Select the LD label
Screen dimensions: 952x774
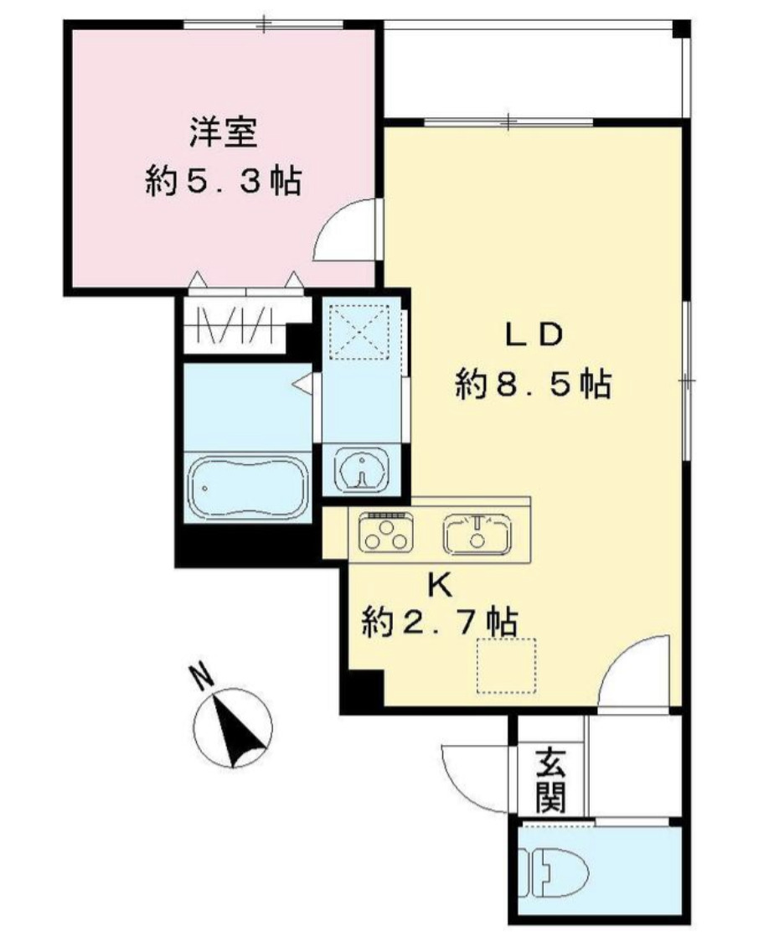click(x=531, y=335)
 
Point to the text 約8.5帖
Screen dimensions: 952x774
click(x=531, y=385)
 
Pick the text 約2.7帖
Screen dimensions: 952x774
click(x=437, y=623)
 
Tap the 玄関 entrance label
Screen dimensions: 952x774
click(x=550, y=780)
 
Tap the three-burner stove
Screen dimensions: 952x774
click(x=386, y=532)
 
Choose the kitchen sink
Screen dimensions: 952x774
click(x=477, y=532)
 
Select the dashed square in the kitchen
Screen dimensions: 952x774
click(x=506, y=665)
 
